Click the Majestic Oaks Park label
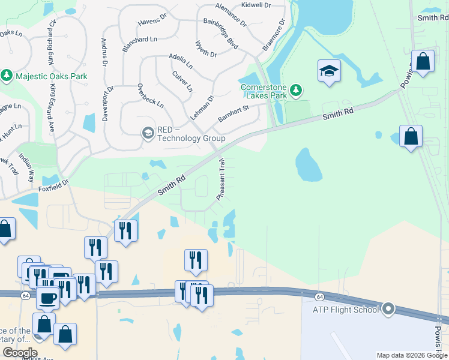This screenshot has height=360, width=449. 52,76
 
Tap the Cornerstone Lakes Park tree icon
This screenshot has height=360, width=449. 295,91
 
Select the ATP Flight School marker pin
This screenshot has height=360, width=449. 388,310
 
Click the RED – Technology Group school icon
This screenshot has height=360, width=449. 148,133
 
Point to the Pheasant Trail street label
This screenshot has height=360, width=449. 220,179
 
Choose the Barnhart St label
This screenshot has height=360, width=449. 234,112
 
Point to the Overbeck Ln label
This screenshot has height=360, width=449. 150,95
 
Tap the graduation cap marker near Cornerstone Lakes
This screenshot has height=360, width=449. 329,71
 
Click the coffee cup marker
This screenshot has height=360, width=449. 47,297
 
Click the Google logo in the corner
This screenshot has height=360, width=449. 20,353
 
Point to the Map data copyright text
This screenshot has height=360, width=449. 412,355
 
